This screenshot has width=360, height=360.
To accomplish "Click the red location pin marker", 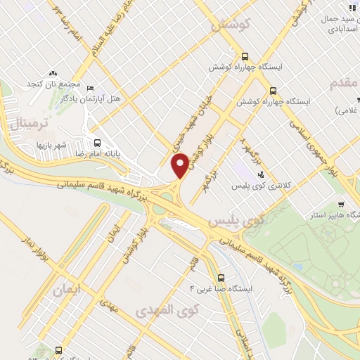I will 181,166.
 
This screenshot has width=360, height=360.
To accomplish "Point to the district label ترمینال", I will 29,124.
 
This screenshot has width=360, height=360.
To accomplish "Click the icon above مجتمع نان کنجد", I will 53,72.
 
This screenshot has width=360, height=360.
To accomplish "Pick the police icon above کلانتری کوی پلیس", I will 261,174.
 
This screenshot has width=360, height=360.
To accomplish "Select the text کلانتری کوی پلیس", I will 259,186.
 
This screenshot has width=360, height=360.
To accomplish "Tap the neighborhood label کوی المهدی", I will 164,309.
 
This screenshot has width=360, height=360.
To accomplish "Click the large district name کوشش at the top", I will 225,25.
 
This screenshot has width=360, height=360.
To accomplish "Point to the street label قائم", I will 195,266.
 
